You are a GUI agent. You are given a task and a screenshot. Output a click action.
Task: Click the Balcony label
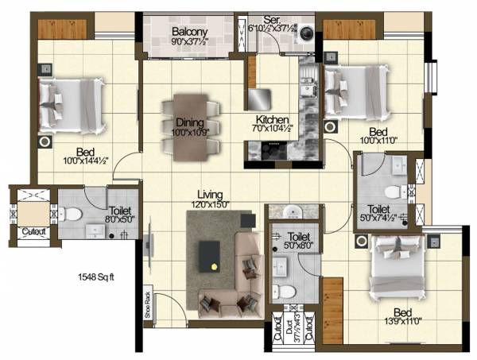click(191, 33)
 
